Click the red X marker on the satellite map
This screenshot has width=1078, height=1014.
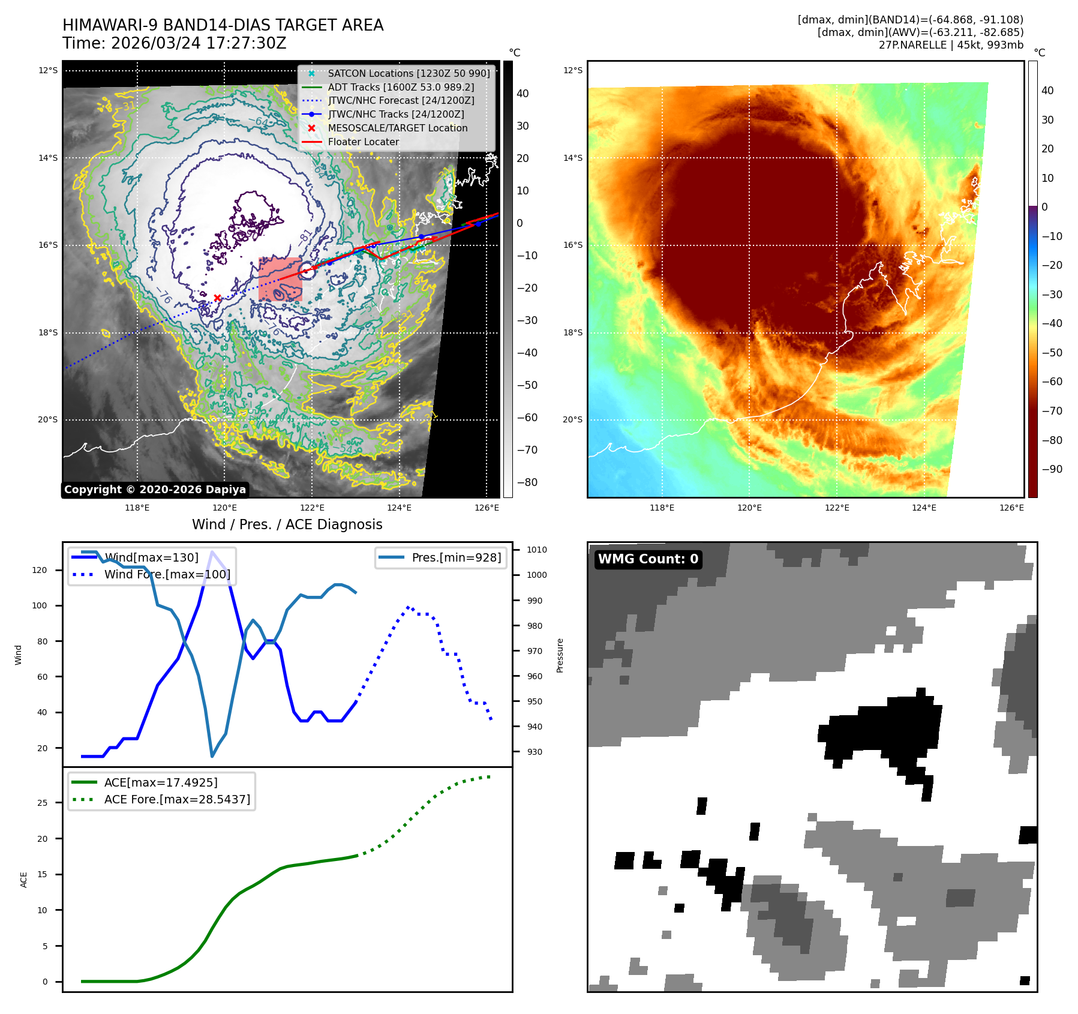[217, 298]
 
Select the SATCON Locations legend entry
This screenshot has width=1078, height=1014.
[408, 73]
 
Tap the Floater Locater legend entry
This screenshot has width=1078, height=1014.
[363, 142]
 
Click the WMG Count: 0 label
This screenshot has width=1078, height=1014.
[648, 559]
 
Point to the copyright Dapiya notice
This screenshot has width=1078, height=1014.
[155, 490]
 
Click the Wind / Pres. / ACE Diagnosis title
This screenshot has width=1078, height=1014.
[287, 524]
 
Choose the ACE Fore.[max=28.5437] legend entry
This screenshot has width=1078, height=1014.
[177, 799]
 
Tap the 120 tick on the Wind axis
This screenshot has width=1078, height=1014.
[40, 570]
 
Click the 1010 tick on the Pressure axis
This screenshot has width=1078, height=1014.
[537, 550]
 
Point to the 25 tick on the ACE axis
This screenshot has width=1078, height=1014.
[42, 803]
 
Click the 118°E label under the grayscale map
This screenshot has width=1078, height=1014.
[137, 508]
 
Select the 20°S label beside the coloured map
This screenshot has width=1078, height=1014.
[572, 419]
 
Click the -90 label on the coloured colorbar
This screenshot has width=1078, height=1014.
[1052, 469]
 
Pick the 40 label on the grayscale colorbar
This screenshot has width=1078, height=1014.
[523, 94]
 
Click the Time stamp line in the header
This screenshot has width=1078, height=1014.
[174, 43]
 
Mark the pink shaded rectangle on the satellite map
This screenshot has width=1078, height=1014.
[280, 279]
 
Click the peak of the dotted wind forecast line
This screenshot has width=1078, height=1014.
[408, 607]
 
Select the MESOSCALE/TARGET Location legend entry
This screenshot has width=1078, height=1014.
[397, 128]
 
